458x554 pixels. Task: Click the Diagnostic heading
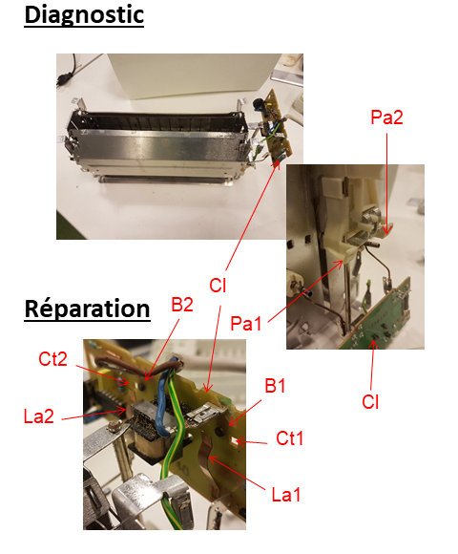(84, 15)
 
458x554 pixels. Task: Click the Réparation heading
(87, 309)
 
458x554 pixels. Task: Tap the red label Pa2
(386, 117)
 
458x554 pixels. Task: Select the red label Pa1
(246, 323)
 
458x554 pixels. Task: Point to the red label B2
(182, 305)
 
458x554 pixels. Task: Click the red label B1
(275, 386)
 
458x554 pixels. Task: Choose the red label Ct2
(52, 359)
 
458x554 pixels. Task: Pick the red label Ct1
(289, 438)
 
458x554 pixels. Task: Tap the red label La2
(39, 416)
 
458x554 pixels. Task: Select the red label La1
(286, 494)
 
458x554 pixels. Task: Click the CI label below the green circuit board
(370, 402)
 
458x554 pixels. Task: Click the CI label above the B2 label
(218, 286)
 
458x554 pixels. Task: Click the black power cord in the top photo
(68, 71)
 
